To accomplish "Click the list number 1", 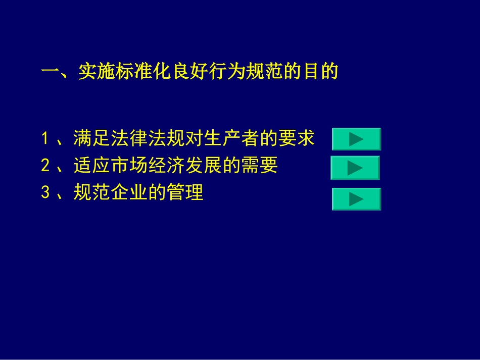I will tap(45, 138).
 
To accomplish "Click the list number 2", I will tap(45, 166).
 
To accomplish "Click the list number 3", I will tap(45, 192).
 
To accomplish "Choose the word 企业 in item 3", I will tap(125, 192).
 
